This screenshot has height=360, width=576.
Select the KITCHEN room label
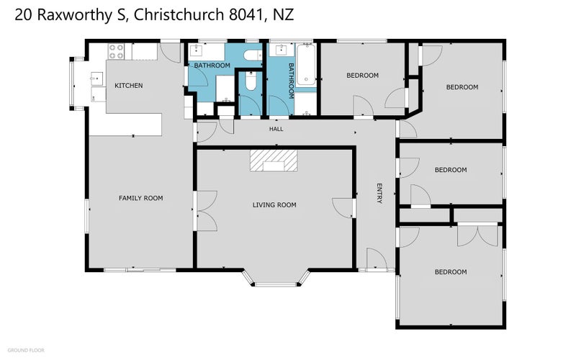pos(129,86)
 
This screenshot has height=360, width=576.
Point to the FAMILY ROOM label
pos(140,198)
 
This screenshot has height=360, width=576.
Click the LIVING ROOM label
pos(274,205)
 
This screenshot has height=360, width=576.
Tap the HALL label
pos(276,130)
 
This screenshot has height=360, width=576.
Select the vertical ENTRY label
pos(379,193)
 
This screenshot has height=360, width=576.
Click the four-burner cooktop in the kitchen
pos(115,51)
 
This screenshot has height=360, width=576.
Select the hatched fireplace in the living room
pos(274,161)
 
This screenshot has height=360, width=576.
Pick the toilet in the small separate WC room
pos(248,84)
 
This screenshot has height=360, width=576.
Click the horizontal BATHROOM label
pos(212,66)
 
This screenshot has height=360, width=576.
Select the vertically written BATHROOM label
pos(291,79)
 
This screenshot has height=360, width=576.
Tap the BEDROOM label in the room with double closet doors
pos(450,272)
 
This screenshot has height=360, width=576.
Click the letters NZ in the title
pos(283,14)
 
